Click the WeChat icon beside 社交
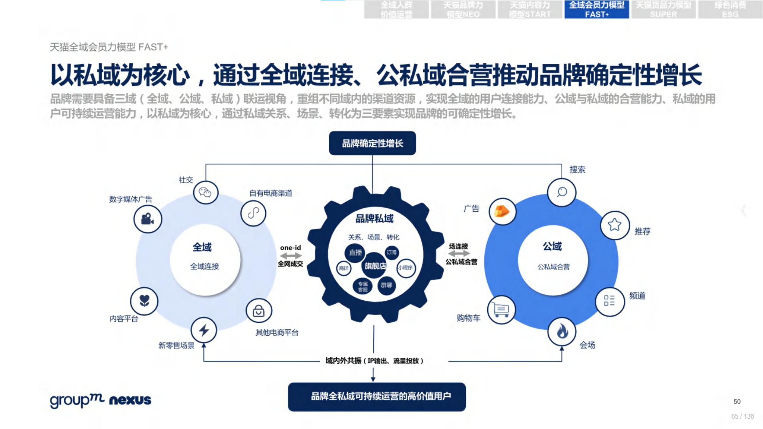[205, 193]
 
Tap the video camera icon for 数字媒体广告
[148, 219]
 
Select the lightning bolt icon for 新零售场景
[204, 330]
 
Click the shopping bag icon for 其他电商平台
[259, 311]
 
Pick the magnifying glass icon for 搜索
[562, 192]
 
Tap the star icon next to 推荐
[615, 225]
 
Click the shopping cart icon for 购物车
[501, 310]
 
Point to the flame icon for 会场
[562, 331]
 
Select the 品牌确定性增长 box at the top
[372, 143]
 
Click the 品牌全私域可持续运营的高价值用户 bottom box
[377, 396]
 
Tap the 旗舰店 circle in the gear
[375, 266]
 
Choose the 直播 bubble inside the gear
[355, 252]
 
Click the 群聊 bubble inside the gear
[386, 285]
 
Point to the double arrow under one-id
[290, 256]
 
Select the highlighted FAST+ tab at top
[596, 10]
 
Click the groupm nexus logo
[101, 400]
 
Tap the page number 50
[737, 401]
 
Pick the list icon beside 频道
[609, 301]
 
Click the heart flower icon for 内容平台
[144, 301]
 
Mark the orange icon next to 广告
[502, 212]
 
